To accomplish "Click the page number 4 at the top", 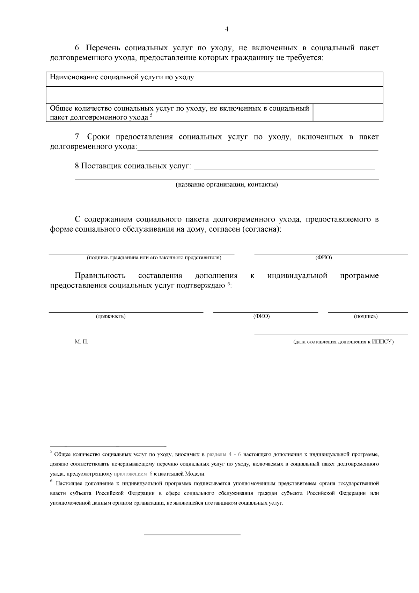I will point(227,29).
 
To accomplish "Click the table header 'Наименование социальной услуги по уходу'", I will point(122,77).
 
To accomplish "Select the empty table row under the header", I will point(214,95).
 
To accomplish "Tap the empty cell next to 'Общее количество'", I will point(348,113).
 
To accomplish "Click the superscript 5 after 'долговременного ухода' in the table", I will point(152,116).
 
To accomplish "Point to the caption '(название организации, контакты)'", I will point(227,185).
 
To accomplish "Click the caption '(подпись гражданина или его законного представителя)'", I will point(154,258).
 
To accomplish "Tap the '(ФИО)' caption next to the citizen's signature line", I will point(324,258).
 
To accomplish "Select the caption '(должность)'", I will point(111,316).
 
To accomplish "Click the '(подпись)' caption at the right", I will point(366,316).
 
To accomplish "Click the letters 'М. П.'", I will point(81,342).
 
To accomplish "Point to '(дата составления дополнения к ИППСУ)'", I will point(344,342).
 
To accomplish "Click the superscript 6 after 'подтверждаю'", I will point(229,284).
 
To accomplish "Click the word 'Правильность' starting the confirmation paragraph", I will point(100,276).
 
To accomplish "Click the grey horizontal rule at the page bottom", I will point(192,535).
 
